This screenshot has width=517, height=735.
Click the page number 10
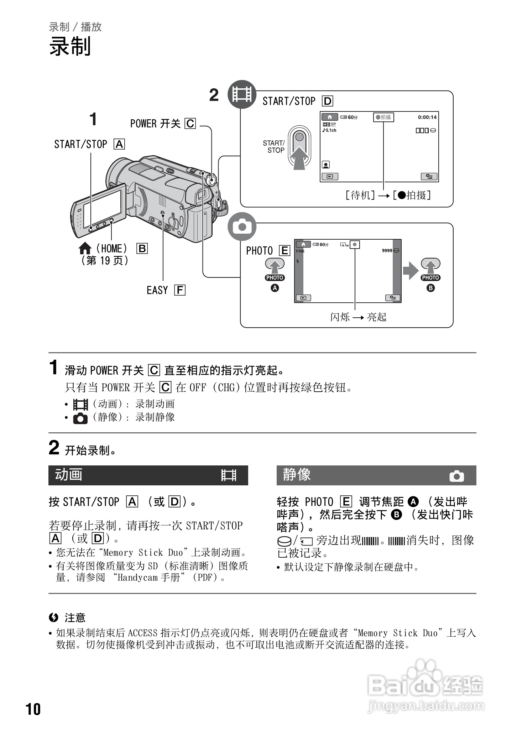[x=33, y=709]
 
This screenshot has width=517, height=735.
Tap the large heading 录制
[x=70, y=46]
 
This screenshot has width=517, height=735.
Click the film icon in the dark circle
[x=242, y=94]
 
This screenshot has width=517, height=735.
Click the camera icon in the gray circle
[x=242, y=227]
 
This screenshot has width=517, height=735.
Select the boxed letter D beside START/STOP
[x=327, y=101]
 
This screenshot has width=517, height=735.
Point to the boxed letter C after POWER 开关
[x=190, y=124]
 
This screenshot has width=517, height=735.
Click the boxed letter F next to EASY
[x=180, y=290]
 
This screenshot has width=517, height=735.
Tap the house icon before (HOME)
[x=85, y=248]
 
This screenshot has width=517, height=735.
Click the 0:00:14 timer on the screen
[x=427, y=117]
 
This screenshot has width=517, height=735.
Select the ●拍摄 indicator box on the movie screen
[x=383, y=117]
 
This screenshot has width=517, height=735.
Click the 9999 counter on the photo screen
[x=387, y=250]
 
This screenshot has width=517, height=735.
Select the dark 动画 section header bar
[x=148, y=475]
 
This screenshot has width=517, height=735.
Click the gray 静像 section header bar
[x=376, y=475]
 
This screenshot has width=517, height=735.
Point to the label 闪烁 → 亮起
[x=358, y=317]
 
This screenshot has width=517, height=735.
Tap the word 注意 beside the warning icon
[x=75, y=617]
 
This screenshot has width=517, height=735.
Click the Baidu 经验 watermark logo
[x=425, y=686]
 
